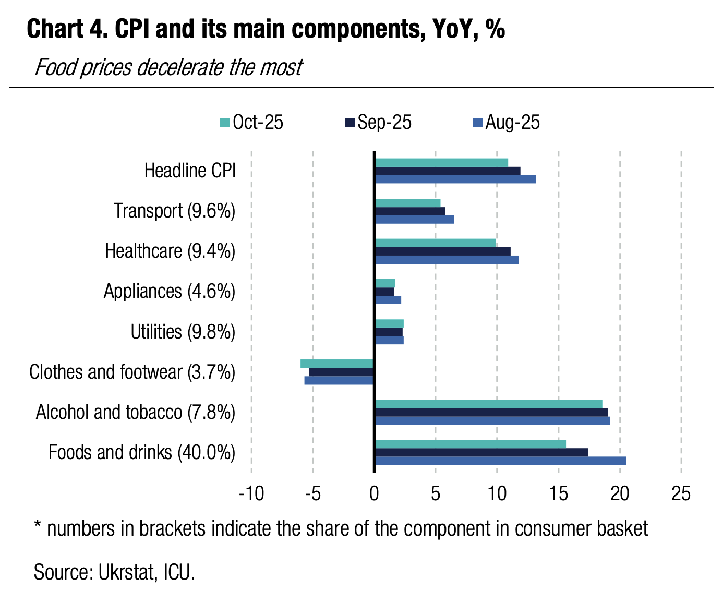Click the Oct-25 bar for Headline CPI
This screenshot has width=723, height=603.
441,163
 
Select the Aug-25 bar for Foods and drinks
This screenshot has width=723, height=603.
500,461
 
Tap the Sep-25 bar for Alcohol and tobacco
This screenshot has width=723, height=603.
491,412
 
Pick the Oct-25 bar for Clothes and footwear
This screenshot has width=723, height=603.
337,364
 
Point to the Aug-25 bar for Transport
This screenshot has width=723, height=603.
415,220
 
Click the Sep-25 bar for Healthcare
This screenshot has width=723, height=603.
443,251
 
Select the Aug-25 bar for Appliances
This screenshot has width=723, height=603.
388,300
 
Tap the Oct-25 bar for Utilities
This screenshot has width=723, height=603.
389,323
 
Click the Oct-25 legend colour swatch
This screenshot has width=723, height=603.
225,123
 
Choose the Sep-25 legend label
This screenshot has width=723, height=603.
384,123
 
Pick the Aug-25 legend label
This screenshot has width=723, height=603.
512,123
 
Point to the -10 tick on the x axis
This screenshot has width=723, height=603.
251,493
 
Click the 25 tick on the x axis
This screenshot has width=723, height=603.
681,493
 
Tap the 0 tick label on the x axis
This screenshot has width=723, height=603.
374,493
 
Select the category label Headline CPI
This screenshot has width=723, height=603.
190,171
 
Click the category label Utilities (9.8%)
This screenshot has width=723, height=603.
183,332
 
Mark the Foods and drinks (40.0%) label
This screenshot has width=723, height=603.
142,452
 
